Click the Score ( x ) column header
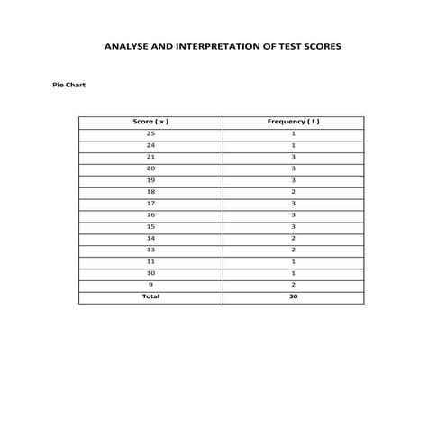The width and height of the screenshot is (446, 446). pos(150,122)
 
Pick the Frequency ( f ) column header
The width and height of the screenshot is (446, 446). pos(294,122)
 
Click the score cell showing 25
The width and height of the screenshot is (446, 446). pos(150,133)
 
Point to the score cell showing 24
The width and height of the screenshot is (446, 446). pos(150,145)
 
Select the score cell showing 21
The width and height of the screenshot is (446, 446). pos(150,157)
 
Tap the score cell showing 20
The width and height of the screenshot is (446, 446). pos(150,168)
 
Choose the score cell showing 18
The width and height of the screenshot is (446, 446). pos(150,192)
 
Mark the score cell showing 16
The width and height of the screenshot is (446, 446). pos(150,215)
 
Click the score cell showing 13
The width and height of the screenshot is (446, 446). pos(150,250)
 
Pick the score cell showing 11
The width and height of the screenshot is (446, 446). pos(150,261)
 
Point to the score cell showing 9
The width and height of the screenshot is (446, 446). pos(150,285)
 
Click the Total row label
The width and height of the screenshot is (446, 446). pos(150,296)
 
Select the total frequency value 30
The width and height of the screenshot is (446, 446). pos(294,296)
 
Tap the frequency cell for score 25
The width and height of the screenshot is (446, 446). pos(294,133)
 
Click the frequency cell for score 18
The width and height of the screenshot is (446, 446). pos(294,192)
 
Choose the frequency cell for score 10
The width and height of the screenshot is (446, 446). pos(294,273)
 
